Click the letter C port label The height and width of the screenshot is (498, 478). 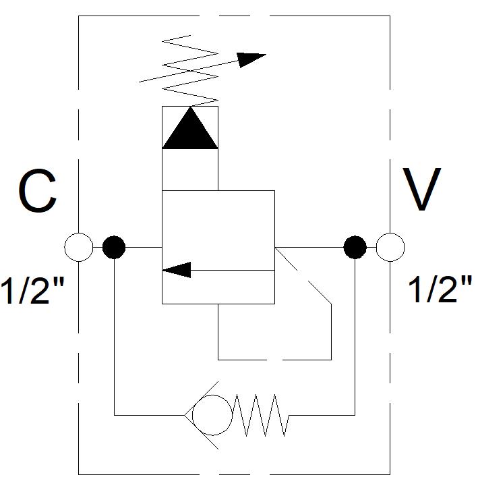click(38, 190)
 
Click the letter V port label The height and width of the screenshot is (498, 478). click(422, 189)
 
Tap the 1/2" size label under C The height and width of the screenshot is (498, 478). click(32, 290)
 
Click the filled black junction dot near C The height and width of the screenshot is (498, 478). click(114, 247)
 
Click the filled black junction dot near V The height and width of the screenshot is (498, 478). click(355, 247)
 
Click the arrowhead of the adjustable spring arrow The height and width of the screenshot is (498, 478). click(251, 59)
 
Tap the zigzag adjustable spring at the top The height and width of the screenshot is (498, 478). click(190, 70)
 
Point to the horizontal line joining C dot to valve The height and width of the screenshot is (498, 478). click(144, 247)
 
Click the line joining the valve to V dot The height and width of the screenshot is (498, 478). click(309, 247)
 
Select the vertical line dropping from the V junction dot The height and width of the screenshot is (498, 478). click(355, 337)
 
